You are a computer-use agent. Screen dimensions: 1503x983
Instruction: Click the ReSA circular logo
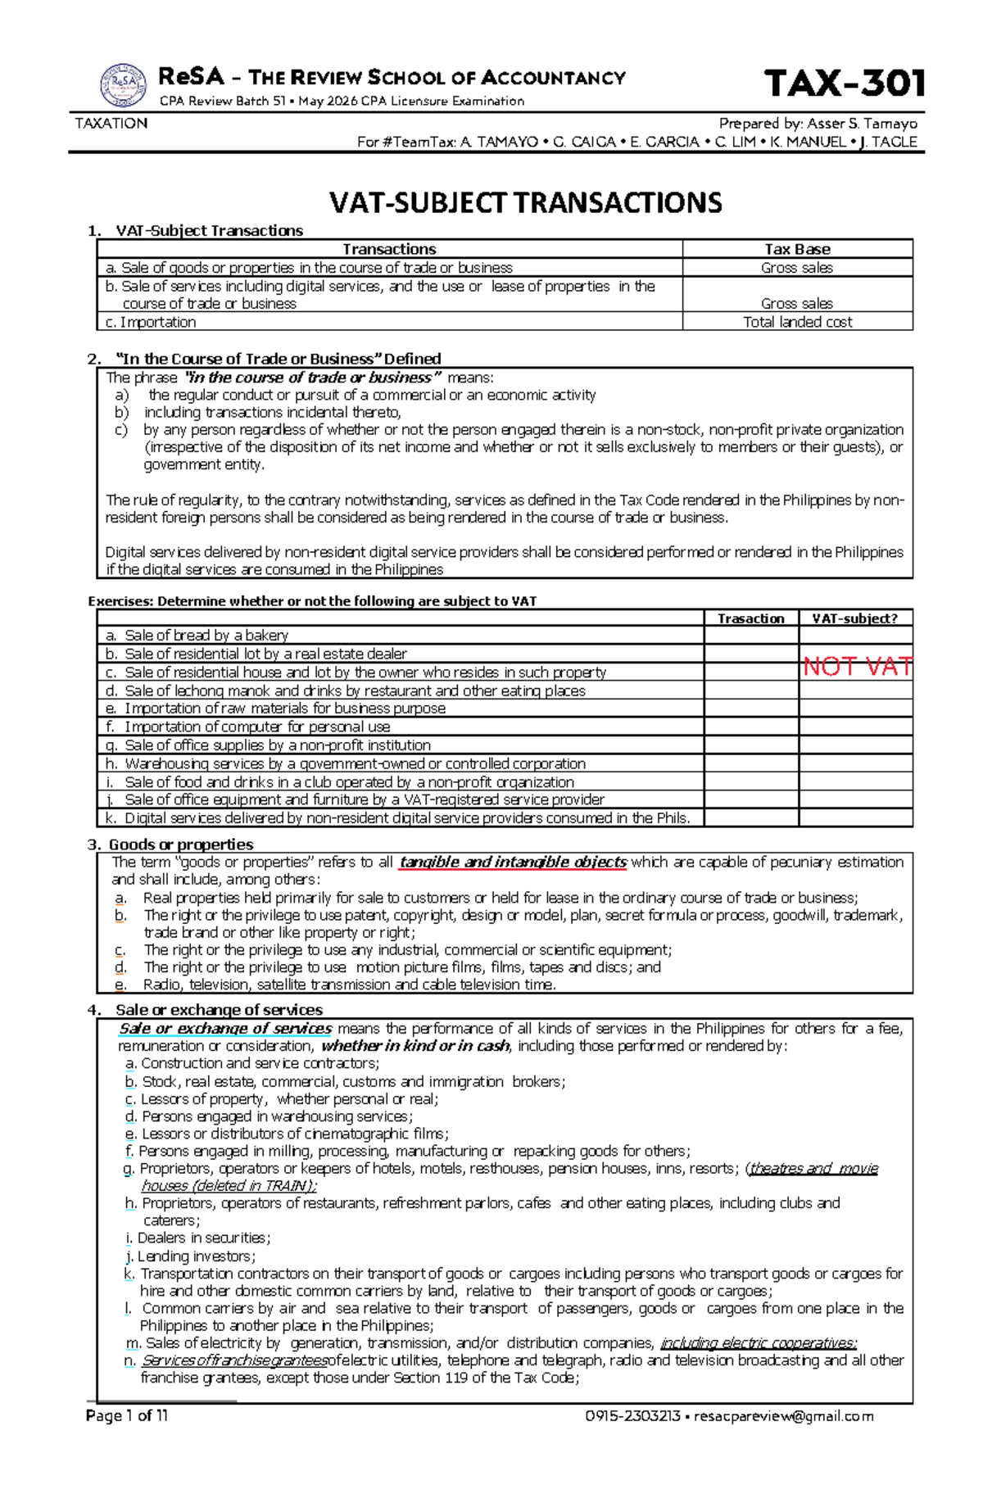[123, 86]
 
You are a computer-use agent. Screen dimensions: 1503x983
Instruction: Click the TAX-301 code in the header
[844, 84]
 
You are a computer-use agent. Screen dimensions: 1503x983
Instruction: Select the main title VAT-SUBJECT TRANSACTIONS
[525, 202]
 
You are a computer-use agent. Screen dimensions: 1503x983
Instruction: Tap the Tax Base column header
[797, 249]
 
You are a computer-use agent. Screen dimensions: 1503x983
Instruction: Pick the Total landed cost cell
[797, 322]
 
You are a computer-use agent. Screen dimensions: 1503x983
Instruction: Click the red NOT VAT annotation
[857, 667]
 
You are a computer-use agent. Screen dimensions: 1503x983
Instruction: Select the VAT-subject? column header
[854, 618]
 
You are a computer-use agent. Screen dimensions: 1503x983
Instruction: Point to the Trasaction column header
[750, 618]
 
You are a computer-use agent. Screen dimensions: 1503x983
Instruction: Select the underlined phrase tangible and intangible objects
[513, 862]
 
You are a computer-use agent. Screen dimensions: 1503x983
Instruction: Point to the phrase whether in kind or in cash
[415, 1046]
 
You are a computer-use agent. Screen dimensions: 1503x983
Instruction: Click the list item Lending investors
[195, 1256]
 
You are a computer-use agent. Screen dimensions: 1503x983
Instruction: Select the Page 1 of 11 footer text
[127, 1415]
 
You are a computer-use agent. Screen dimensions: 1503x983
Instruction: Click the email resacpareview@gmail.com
[784, 1416]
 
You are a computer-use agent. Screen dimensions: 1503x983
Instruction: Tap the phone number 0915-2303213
[632, 1416]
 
